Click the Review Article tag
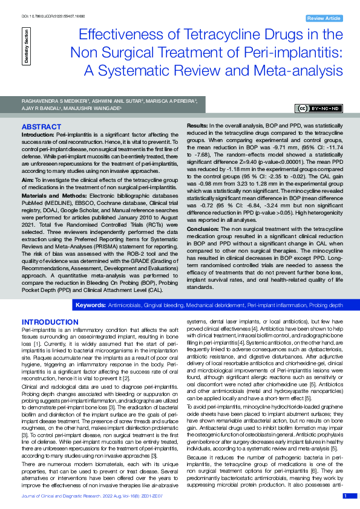point(324,19)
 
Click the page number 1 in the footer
point(345,496)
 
